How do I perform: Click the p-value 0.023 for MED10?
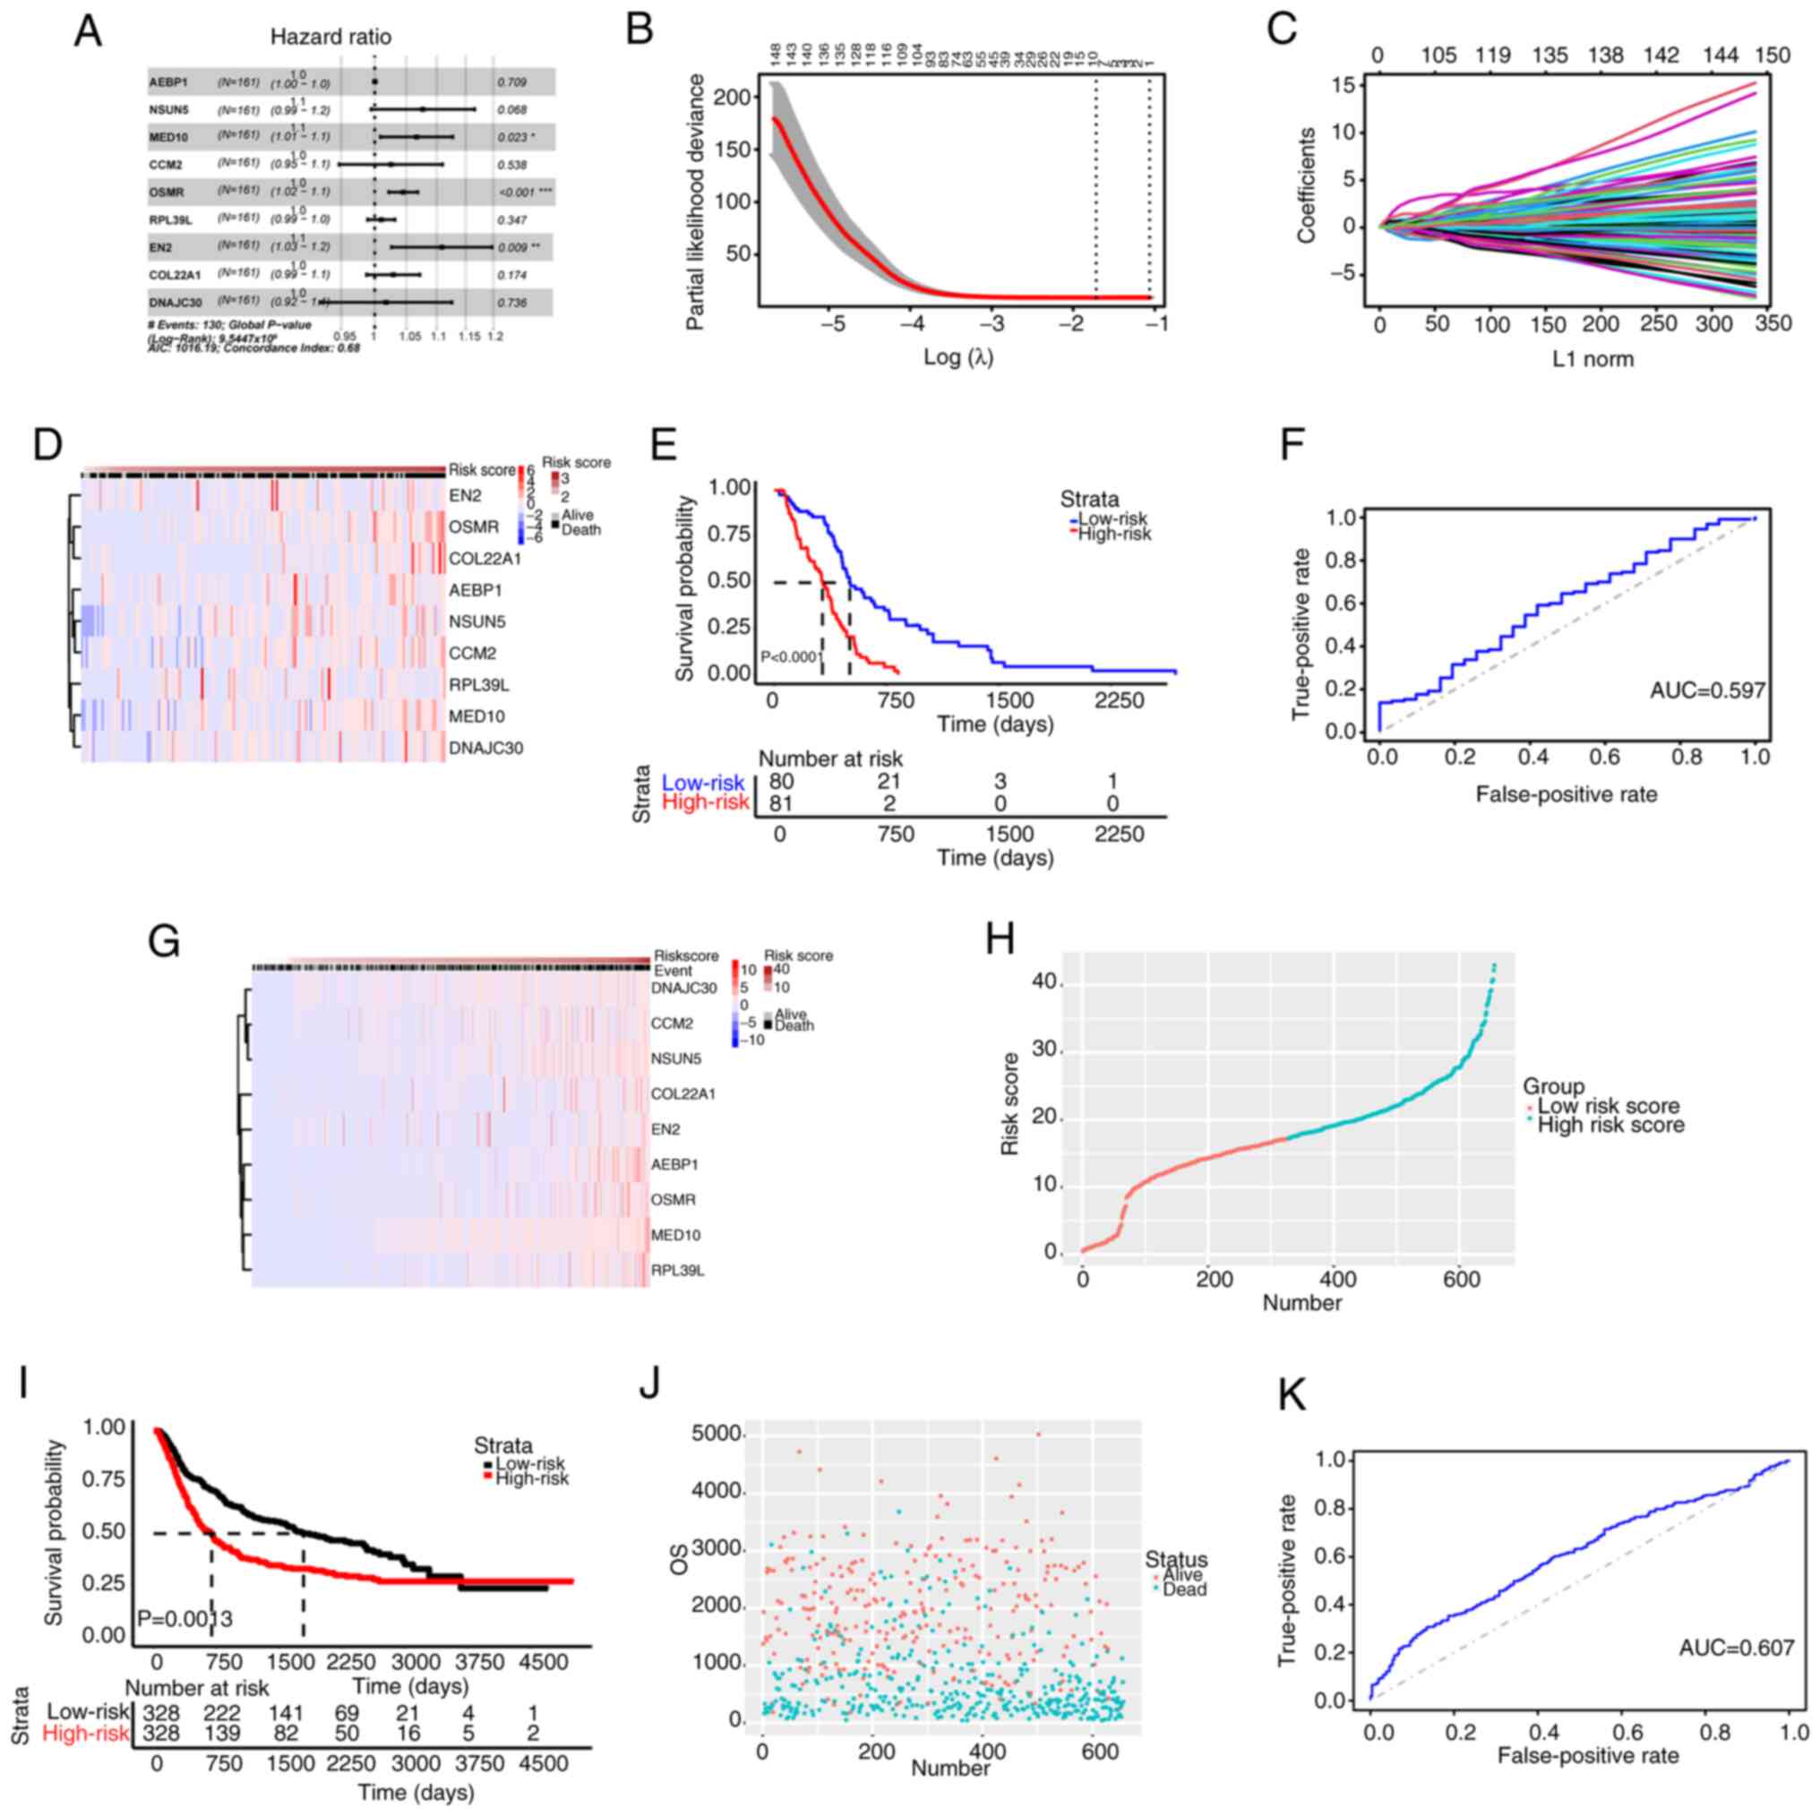click(511, 138)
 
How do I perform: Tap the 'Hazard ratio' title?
click(331, 37)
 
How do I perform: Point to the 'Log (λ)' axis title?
click(958, 357)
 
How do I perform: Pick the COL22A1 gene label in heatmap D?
click(485, 558)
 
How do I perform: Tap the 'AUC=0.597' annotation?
click(1707, 690)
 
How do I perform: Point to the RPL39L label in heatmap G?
click(677, 1270)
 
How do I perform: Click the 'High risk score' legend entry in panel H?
click(1610, 1124)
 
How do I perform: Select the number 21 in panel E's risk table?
click(889, 782)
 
